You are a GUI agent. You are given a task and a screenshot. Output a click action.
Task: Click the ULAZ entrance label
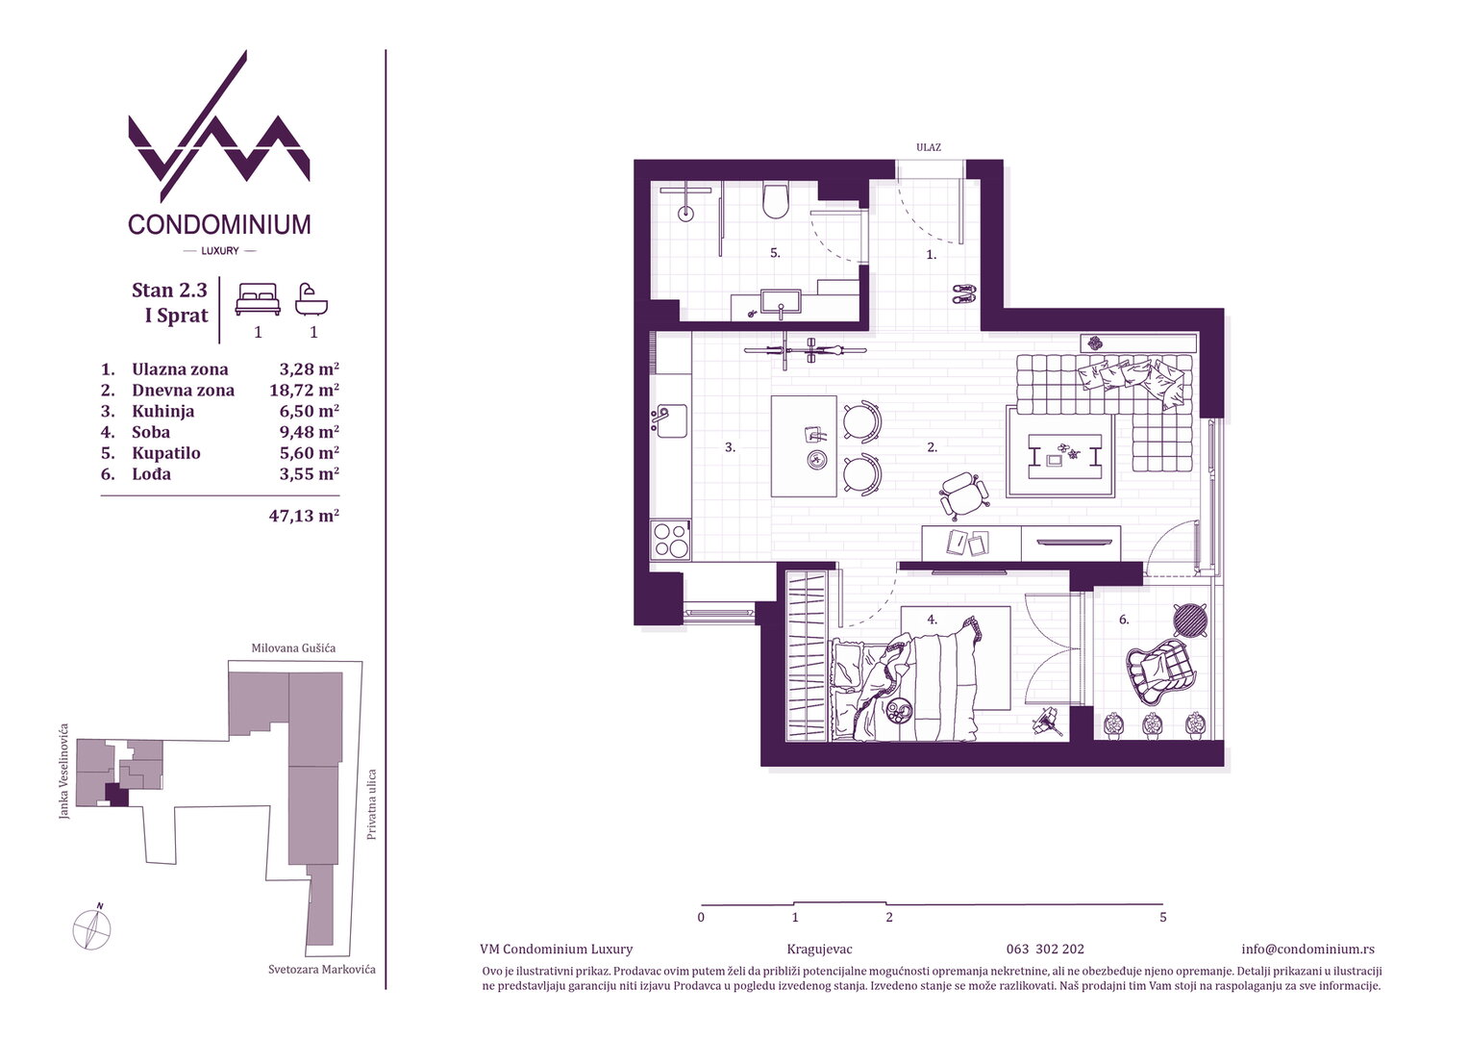click(928, 148)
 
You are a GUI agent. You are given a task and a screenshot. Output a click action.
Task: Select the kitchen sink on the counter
click(669, 420)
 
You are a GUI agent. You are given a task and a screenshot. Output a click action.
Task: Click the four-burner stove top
click(670, 540)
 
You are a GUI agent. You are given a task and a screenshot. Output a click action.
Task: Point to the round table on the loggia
click(1189, 620)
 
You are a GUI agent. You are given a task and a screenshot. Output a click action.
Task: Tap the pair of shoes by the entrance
click(963, 293)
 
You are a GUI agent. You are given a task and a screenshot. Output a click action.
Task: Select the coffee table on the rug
click(1061, 456)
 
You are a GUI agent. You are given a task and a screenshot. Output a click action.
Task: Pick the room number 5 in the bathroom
click(775, 253)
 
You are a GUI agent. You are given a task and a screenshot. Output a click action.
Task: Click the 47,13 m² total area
click(304, 516)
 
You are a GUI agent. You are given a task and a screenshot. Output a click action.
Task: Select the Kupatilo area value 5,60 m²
click(309, 453)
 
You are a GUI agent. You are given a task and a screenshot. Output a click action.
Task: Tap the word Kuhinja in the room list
click(163, 412)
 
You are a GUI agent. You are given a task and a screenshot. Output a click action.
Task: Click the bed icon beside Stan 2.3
click(258, 299)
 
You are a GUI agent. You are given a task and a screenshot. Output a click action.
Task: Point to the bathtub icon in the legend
click(311, 299)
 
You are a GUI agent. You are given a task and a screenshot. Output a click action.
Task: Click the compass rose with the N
click(92, 928)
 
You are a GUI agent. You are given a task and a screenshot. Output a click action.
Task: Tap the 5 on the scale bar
click(1162, 917)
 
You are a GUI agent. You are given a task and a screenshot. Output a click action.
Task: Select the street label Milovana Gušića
click(293, 648)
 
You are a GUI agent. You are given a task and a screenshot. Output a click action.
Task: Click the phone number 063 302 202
click(1045, 950)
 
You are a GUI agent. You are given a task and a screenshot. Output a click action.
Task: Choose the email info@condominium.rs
click(1307, 950)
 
